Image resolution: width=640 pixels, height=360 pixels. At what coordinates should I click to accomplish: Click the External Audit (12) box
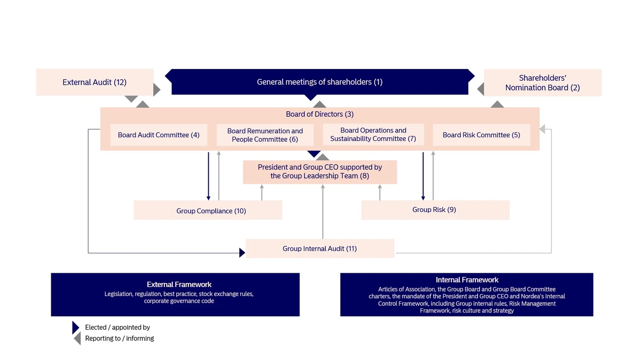click(95, 82)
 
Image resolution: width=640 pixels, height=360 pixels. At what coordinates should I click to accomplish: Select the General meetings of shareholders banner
click(320, 82)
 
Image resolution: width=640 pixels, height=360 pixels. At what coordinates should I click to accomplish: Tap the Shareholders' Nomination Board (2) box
click(543, 83)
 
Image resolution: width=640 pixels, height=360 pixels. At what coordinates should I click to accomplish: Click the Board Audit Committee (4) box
click(159, 135)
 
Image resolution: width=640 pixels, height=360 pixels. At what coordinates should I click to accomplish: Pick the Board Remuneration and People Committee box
click(265, 135)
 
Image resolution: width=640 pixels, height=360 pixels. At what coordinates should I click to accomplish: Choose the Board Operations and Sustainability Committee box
click(373, 134)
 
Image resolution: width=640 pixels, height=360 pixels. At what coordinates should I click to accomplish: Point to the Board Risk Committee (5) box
click(481, 135)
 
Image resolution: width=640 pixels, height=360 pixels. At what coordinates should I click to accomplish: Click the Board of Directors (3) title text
click(320, 114)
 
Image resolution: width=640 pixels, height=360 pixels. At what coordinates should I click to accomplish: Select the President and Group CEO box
click(320, 172)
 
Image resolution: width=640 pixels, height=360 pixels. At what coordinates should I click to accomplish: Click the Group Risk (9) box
click(435, 210)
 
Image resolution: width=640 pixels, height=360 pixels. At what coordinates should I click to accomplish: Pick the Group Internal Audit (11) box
click(320, 248)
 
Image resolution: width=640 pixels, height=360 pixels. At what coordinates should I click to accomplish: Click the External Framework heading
click(179, 285)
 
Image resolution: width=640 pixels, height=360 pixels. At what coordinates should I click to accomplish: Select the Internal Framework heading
click(467, 280)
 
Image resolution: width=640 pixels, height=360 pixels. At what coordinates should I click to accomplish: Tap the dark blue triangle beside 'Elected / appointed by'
click(75, 327)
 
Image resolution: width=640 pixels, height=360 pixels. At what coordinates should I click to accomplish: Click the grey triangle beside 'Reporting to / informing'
click(78, 338)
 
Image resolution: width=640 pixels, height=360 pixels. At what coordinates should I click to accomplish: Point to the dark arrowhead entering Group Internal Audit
click(242, 253)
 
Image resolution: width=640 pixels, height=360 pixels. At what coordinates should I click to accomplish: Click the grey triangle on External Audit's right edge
click(157, 90)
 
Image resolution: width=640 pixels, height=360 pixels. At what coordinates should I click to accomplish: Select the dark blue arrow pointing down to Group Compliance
click(208, 176)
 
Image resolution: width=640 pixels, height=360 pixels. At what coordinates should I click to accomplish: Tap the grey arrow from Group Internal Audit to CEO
click(323, 211)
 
